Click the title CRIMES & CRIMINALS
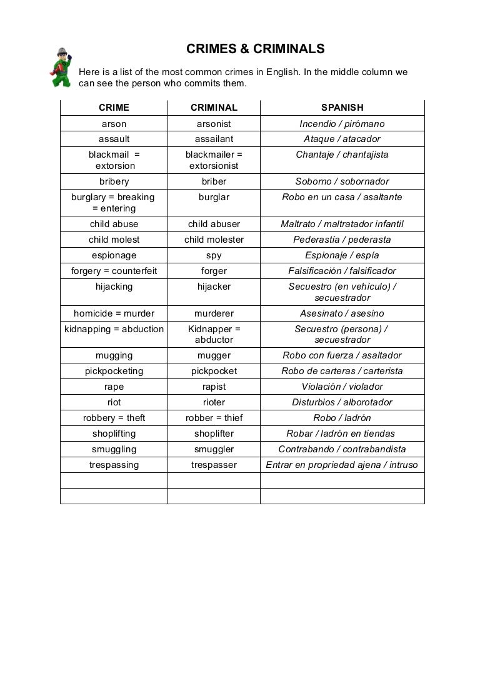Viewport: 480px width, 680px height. [x=256, y=49]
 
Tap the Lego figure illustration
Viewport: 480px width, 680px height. [x=62, y=67]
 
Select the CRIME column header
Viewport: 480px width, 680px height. [x=114, y=108]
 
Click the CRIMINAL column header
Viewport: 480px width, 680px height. [x=214, y=108]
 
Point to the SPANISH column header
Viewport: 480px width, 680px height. [x=342, y=108]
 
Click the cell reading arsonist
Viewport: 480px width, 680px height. [x=214, y=124]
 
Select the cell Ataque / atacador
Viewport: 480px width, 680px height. [x=342, y=139]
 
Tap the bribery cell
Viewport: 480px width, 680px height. [x=114, y=181]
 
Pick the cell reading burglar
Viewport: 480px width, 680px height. [x=214, y=197]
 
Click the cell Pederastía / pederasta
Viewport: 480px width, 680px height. [x=342, y=240]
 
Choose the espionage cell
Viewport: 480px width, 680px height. [x=114, y=255]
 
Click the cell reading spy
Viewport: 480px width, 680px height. [x=214, y=255]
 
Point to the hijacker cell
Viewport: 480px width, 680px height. [x=214, y=287]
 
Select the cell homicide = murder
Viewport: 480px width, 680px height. [x=114, y=313]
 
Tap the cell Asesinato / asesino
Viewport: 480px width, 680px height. [x=342, y=313]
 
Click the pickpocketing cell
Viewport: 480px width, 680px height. [x=114, y=371]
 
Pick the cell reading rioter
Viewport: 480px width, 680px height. [x=214, y=402]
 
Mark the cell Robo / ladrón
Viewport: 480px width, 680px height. [x=342, y=418]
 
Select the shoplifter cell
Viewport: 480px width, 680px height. [x=214, y=434]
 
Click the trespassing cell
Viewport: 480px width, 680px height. [x=114, y=465]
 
